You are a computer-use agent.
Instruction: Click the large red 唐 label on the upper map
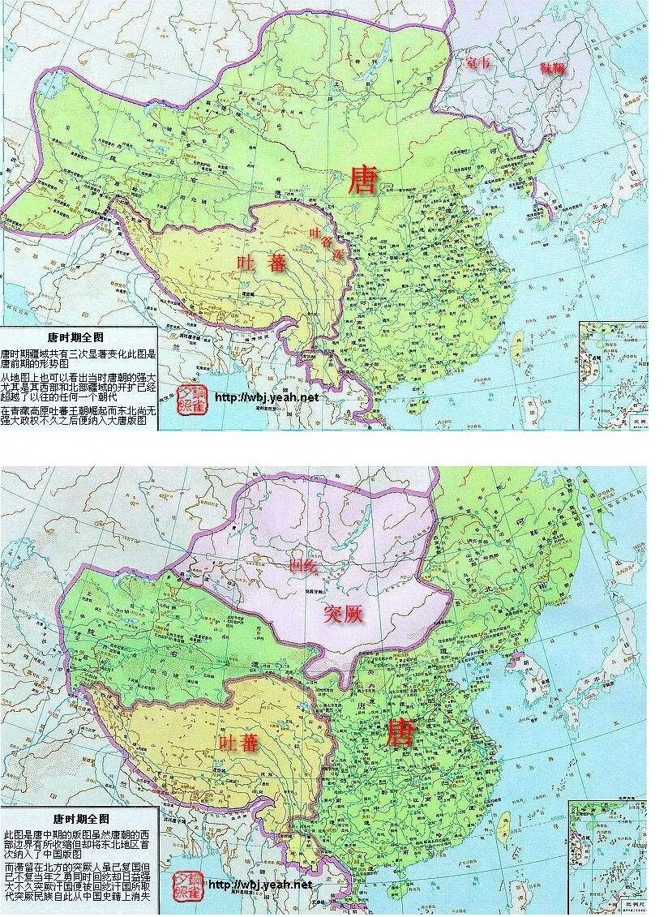(362, 179)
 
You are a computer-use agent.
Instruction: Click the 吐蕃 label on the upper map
(261, 263)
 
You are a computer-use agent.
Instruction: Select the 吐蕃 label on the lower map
(239, 741)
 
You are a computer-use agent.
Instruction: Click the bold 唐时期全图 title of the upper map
(76, 336)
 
